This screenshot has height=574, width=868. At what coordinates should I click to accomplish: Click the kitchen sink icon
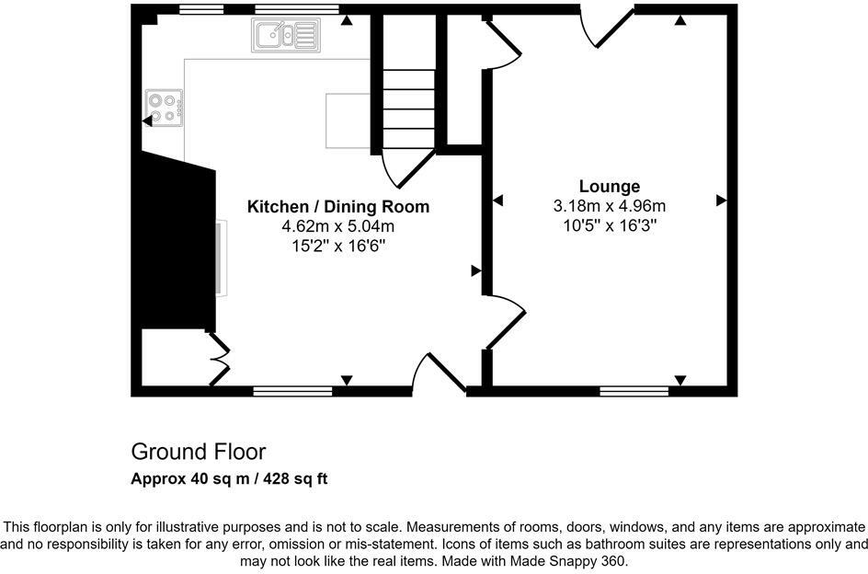click(284, 36)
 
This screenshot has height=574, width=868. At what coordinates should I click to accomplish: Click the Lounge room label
click(609, 187)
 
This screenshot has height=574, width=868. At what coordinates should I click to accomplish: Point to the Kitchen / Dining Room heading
click(338, 207)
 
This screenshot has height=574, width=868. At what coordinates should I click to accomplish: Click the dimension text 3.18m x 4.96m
click(609, 205)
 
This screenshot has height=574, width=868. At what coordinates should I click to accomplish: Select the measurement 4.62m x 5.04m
click(338, 226)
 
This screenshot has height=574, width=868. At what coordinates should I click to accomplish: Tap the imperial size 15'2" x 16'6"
click(338, 246)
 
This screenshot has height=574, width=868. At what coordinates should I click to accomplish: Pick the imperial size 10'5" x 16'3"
click(609, 224)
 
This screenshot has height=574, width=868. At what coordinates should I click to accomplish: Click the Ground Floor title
click(198, 452)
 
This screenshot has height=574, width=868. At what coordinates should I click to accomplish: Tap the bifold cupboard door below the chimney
click(221, 359)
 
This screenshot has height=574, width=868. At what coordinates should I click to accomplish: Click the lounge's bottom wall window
click(634, 391)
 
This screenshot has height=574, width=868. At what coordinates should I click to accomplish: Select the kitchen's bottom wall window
click(292, 391)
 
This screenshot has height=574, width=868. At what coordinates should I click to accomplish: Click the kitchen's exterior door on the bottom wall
click(440, 375)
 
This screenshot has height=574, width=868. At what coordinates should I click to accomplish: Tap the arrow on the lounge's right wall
click(721, 200)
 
